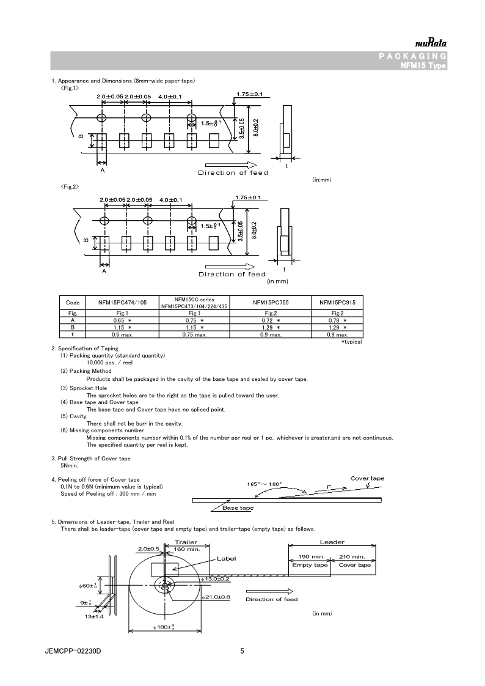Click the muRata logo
click(431, 43)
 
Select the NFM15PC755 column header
click(272, 302)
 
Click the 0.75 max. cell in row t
click(193, 334)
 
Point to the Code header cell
click(73, 302)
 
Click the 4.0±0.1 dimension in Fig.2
click(170, 200)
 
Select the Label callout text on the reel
click(226, 558)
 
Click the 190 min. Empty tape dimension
click(310, 556)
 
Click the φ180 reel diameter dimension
click(165, 627)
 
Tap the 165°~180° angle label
click(264, 484)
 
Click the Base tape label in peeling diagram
click(238, 508)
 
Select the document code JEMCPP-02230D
click(73, 652)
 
